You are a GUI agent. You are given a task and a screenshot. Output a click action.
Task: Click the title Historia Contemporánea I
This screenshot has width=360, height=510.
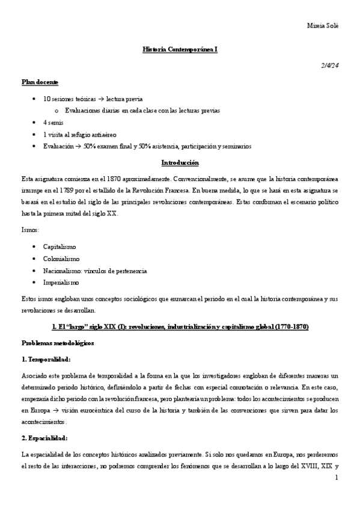click(180, 52)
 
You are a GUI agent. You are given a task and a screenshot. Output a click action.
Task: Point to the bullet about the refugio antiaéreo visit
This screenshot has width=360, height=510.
click(80, 134)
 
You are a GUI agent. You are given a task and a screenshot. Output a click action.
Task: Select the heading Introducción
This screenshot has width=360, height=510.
click(180, 162)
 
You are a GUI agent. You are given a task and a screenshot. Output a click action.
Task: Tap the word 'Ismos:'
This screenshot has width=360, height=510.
click(31, 230)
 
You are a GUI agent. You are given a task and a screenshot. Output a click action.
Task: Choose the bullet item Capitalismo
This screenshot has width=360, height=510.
click(59, 247)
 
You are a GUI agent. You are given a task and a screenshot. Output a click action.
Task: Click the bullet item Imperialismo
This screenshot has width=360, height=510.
click(60, 282)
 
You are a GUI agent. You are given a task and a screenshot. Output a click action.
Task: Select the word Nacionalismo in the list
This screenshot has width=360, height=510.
click(63, 271)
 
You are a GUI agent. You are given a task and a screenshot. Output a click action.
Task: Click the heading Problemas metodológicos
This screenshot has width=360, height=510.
click(58, 343)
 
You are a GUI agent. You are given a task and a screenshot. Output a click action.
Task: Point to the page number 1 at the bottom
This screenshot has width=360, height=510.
click(337, 478)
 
